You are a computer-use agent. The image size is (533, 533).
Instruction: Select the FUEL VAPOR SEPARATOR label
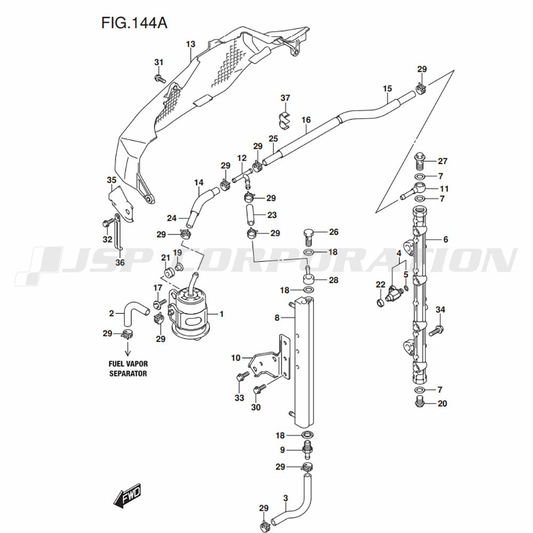[x=128, y=368]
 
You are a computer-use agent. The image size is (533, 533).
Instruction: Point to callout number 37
[x=286, y=98]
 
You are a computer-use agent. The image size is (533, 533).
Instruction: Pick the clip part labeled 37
[x=285, y=120]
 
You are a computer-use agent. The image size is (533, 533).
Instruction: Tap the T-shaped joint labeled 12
[x=244, y=176]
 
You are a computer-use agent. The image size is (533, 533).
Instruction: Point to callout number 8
[x=277, y=318]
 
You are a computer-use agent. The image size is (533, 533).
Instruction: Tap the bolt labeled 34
[x=434, y=330]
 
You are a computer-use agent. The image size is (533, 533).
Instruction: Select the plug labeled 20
[x=420, y=402]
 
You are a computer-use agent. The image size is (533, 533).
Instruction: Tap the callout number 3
[x=286, y=499]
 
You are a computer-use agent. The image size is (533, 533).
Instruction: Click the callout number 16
[x=305, y=120]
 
